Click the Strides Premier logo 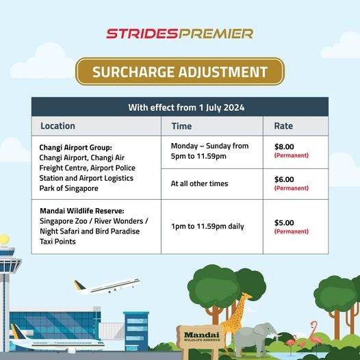(180, 34)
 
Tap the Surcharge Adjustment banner (180, 72)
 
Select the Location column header (57, 126)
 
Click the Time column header (181, 126)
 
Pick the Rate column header (283, 126)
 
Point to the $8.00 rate (284, 146)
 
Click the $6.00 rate (284, 179)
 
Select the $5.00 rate (284, 222)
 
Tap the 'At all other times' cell (199, 183)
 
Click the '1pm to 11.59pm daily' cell (207, 227)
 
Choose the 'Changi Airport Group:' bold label (75, 148)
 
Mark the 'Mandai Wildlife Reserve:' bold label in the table (82, 211)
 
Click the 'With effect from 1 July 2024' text (186, 107)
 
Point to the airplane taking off (107, 286)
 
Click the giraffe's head (247, 296)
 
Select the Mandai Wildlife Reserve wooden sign (201, 337)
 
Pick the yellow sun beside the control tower (4, 240)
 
